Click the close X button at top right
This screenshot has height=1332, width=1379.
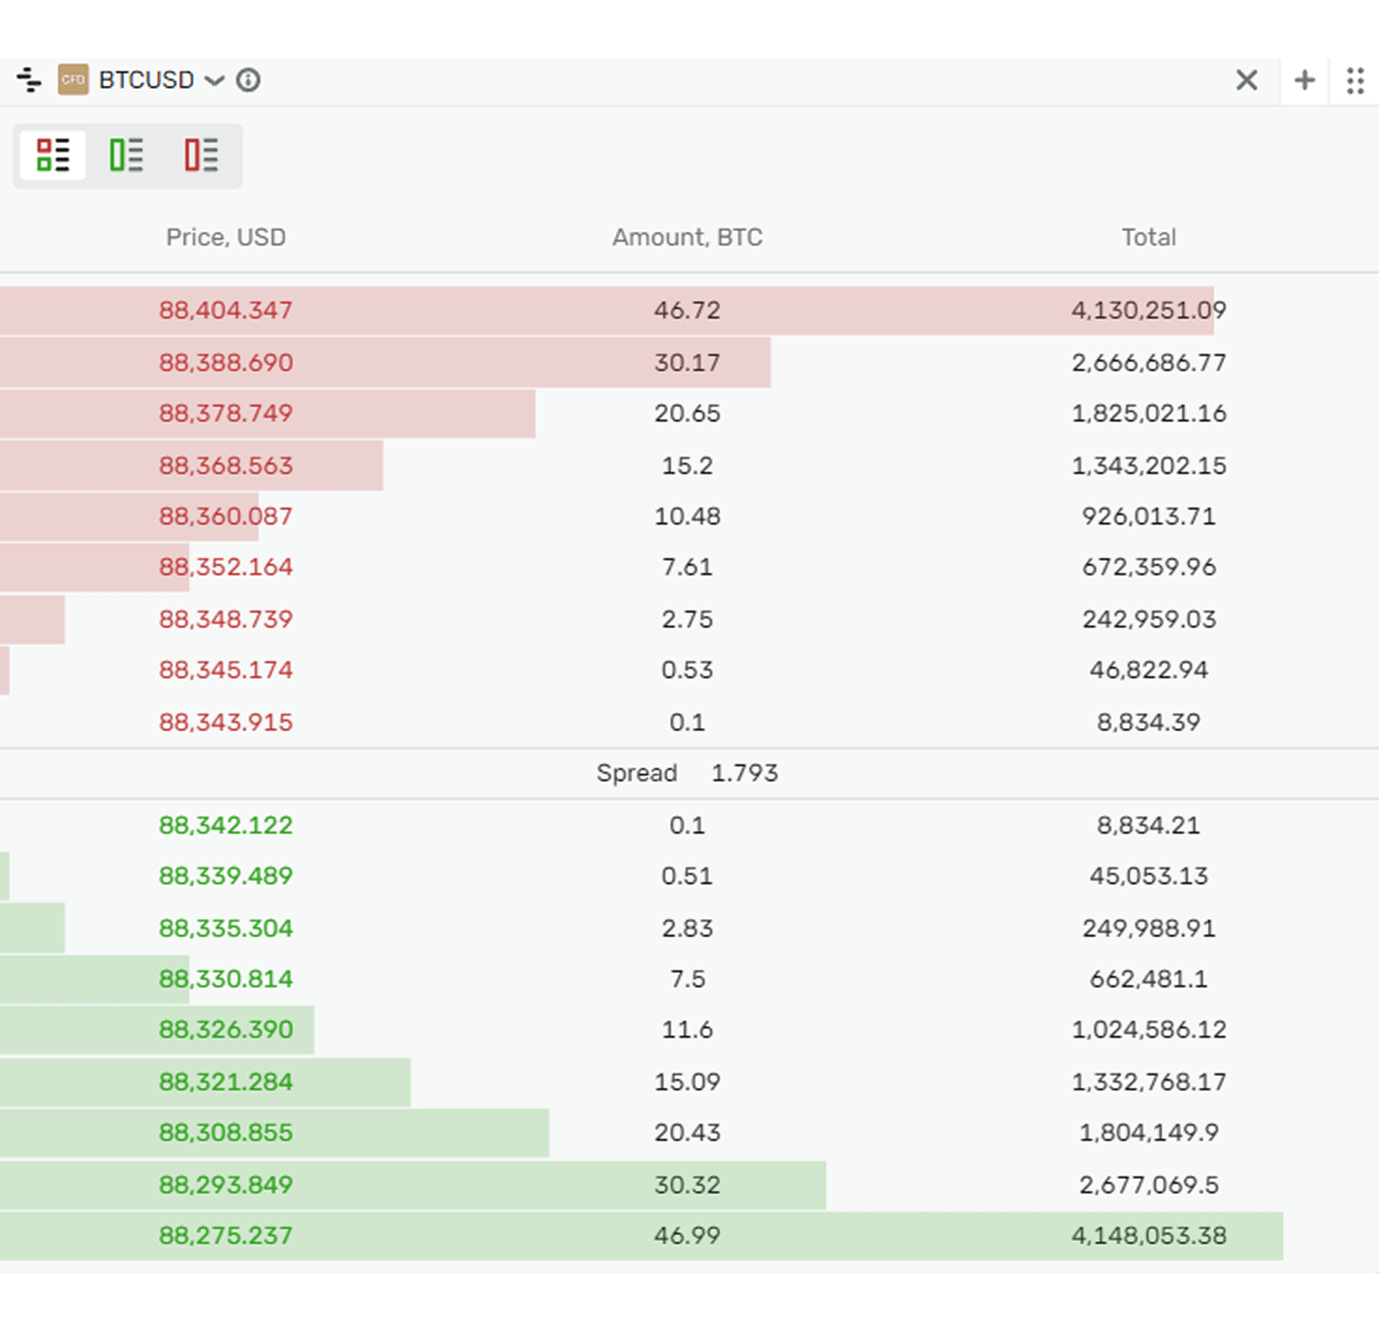coord(1246,80)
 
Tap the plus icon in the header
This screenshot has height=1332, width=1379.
coord(1304,80)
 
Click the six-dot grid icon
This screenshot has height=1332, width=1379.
coord(1355,80)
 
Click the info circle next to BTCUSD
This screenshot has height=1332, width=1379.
coord(249,80)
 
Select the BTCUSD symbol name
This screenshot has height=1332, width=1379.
coord(147,80)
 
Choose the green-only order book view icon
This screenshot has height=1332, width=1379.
coord(126,155)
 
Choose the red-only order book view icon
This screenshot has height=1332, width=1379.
coord(201,155)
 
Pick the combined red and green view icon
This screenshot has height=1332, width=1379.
coord(53,155)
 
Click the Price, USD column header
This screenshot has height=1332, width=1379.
coord(226,237)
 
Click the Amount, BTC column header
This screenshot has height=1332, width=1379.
coord(687,237)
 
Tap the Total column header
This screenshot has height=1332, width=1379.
coord(1148,237)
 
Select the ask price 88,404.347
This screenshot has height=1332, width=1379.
coord(226,310)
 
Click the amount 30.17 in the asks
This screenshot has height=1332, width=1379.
coord(687,363)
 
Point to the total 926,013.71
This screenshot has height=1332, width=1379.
coord(1148,516)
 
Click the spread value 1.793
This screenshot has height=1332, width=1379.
coord(744,773)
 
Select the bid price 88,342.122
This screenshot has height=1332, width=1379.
coord(226,825)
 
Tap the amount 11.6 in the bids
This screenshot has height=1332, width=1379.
coord(687,1030)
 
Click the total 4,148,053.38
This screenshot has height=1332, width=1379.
coord(1148,1235)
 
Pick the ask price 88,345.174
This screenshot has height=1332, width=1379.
coord(226,670)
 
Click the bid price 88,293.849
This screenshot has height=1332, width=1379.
coord(226,1185)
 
